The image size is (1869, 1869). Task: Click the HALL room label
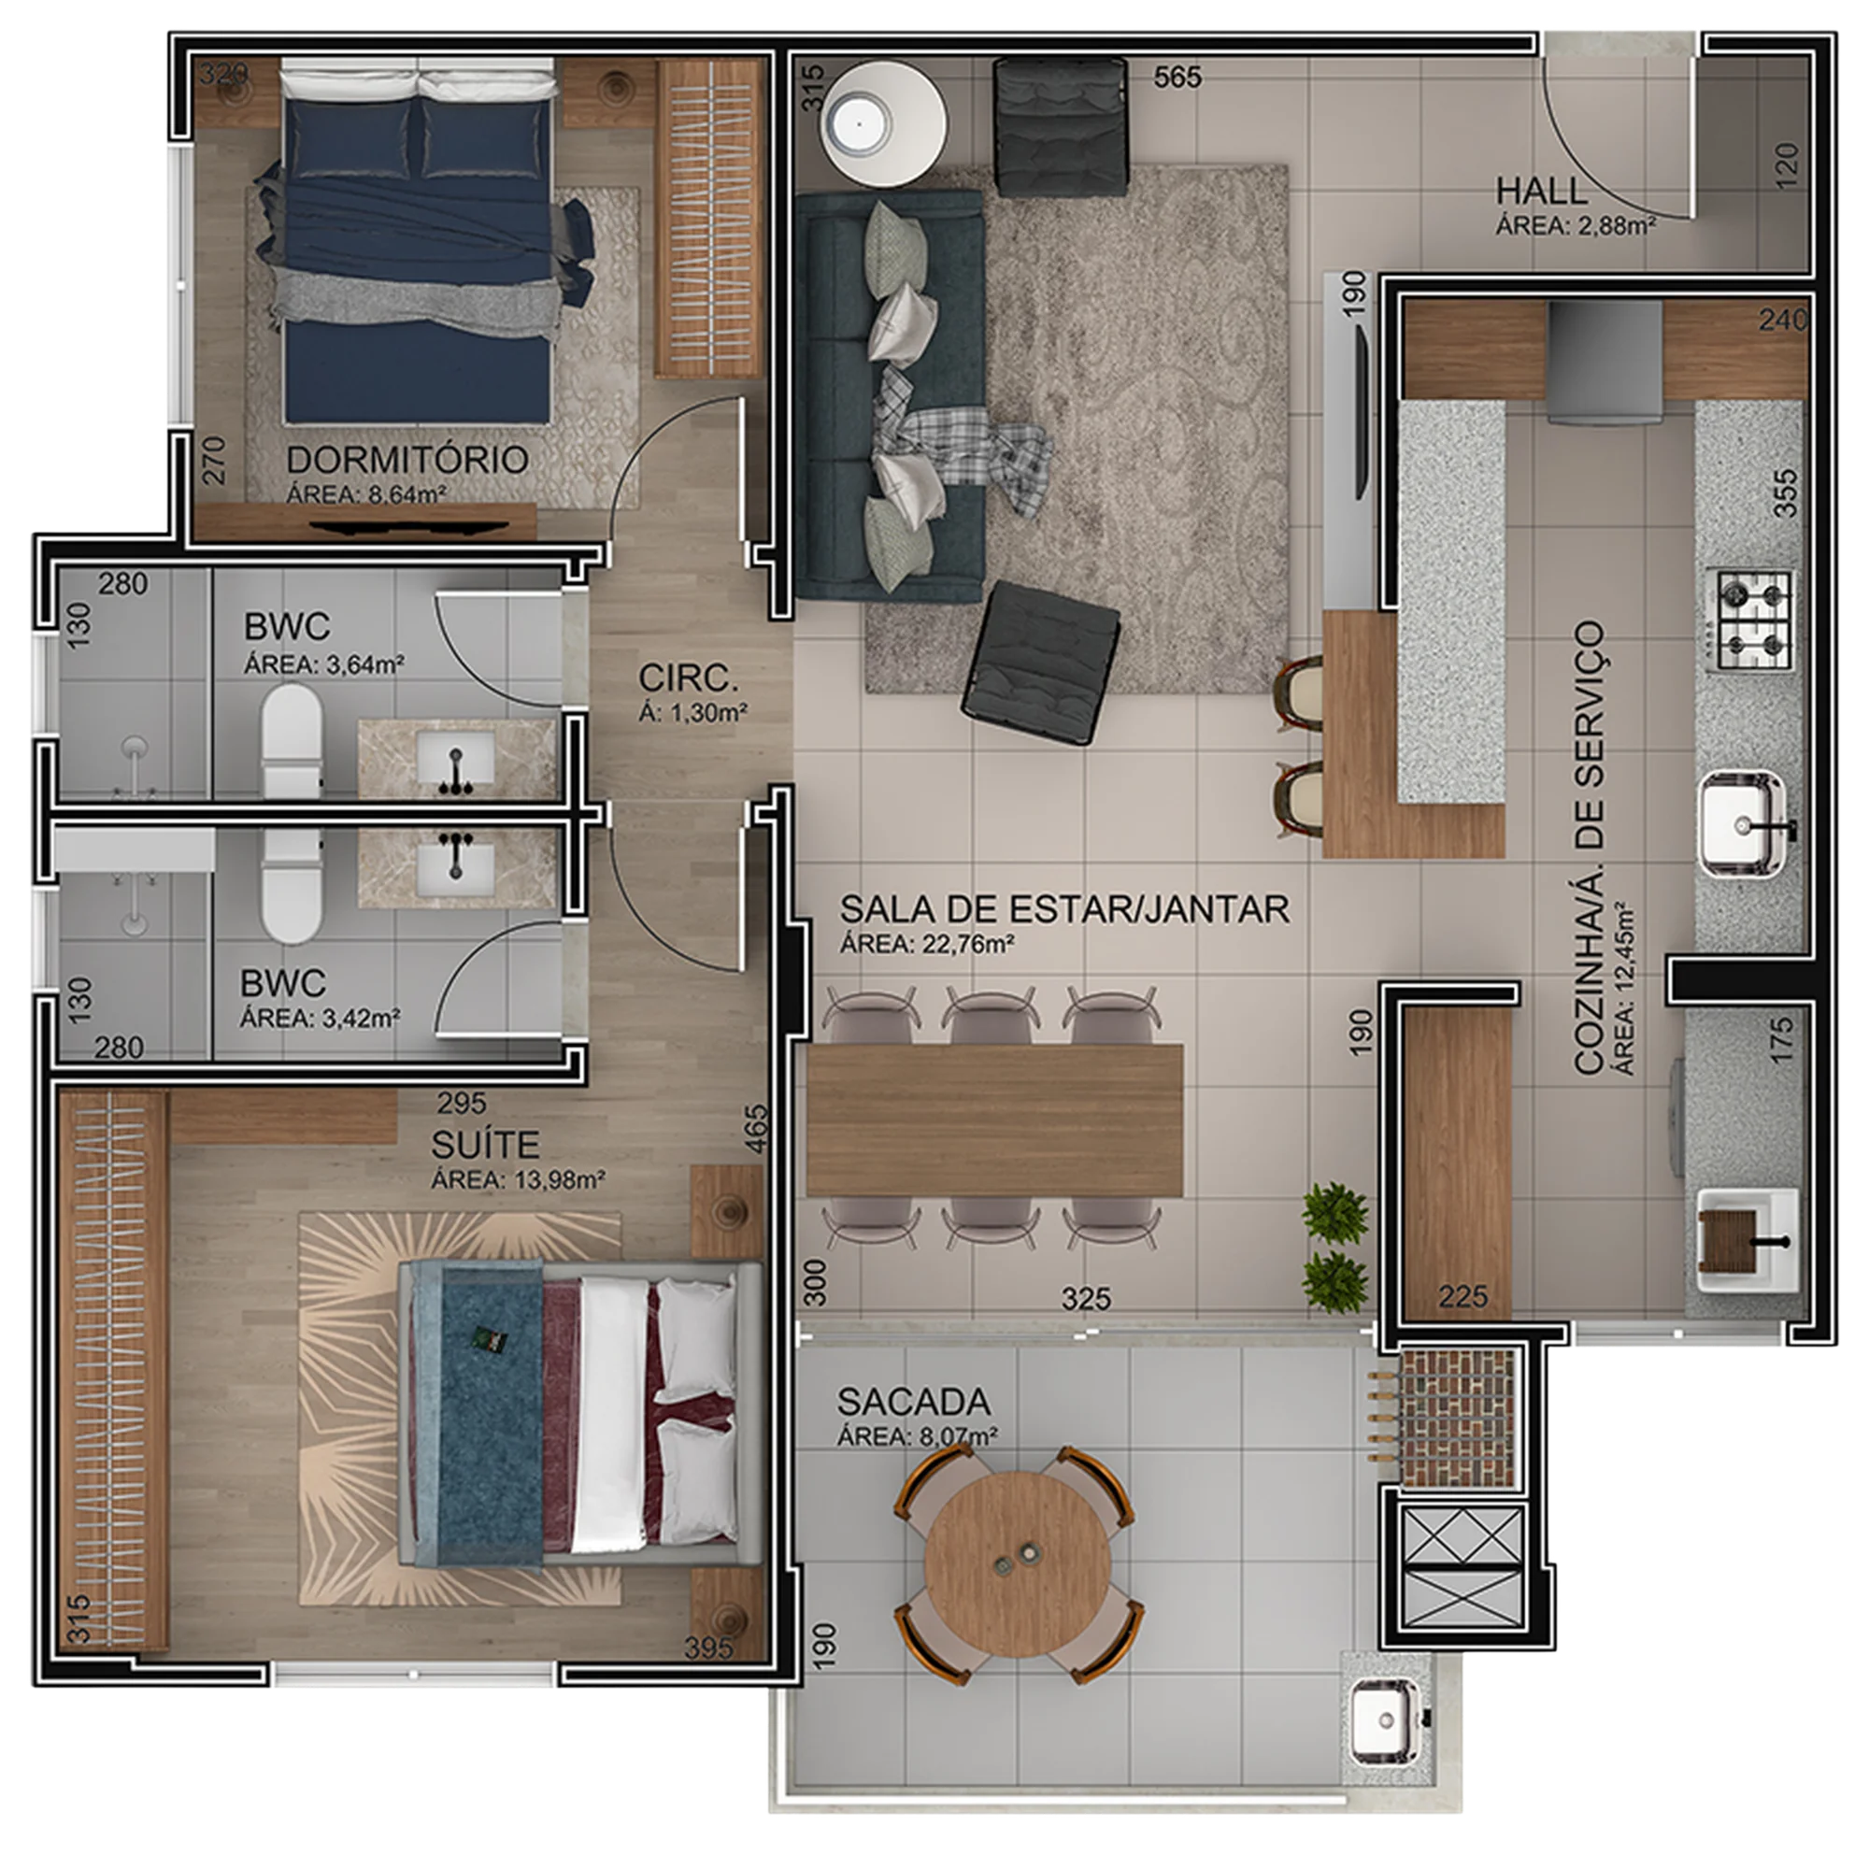[1541, 191]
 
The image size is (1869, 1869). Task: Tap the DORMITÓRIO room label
[407, 460]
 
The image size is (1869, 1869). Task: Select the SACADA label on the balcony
[913, 1402]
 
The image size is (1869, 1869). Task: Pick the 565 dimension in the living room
[1177, 78]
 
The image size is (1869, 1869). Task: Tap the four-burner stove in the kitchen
[1754, 622]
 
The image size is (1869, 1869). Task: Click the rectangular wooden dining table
[994, 1120]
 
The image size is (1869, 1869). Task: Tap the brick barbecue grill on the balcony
[1456, 1418]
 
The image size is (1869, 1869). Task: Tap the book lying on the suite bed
[484, 1338]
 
